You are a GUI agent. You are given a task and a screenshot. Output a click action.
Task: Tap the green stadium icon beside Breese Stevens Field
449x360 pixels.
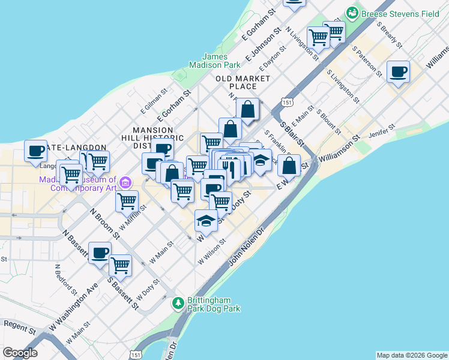(x=352, y=13)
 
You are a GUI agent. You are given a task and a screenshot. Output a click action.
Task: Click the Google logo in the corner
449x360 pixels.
(x=20, y=353)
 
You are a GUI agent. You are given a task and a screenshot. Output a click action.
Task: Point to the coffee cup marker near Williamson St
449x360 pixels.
(x=398, y=73)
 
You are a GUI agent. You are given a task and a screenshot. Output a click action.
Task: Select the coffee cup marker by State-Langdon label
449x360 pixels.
(x=35, y=151)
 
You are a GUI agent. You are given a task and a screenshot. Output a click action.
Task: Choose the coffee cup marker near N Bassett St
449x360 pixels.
(x=100, y=253)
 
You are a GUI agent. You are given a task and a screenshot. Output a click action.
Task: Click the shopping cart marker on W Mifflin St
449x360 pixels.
(x=127, y=202)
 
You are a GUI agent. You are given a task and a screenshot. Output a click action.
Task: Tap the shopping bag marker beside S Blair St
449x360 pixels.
(x=289, y=166)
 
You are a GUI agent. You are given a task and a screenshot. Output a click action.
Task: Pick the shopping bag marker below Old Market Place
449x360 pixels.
(x=247, y=110)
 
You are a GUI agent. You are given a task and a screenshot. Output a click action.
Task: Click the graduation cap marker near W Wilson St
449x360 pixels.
(x=206, y=221)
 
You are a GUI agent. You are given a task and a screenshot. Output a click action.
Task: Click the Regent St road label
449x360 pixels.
(x=16, y=323)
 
